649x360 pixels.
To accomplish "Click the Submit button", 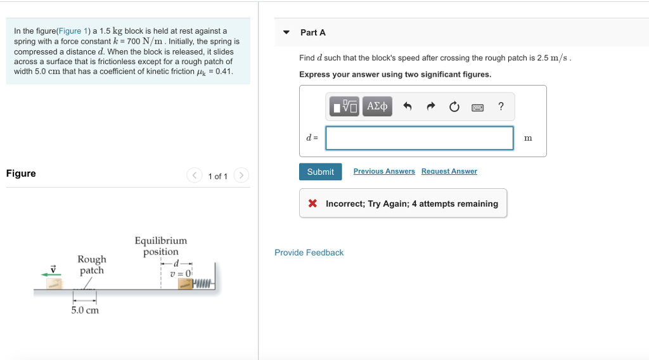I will pyautogui.click(x=320, y=172).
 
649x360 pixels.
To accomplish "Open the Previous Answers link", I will pyautogui.click(x=384, y=171).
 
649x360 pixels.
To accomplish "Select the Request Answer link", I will pyautogui.click(x=449, y=171).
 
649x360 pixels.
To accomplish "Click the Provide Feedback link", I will pyautogui.click(x=309, y=252).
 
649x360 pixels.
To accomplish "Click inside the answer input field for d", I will pyautogui.click(x=419, y=138).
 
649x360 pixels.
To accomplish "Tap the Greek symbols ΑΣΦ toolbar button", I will pyautogui.click(x=378, y=106).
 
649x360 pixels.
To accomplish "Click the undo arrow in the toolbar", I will pyautogui.click(x=408, y=107).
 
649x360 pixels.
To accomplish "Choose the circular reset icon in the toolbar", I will pyautogui.click(x=454, y=107).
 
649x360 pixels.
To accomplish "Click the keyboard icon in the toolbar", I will pyautogui.click(x=477, y=107).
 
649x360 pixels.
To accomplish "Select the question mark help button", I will pyautogui.click(x=501, y=106).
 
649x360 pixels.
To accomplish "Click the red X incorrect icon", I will pyautogui.click(x=312, y=203).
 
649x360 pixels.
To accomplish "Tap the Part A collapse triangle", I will pyautogui.click(x=286, y=32).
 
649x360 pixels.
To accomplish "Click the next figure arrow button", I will pyautogui.click(x=241, y=176).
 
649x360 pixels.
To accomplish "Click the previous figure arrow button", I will pyautogui.click(x=195, y=176).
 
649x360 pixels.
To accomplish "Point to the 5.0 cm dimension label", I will pyautogui.click(x=85, y=310).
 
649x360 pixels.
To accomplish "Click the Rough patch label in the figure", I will pyautogui.click(x=92, y=264).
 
